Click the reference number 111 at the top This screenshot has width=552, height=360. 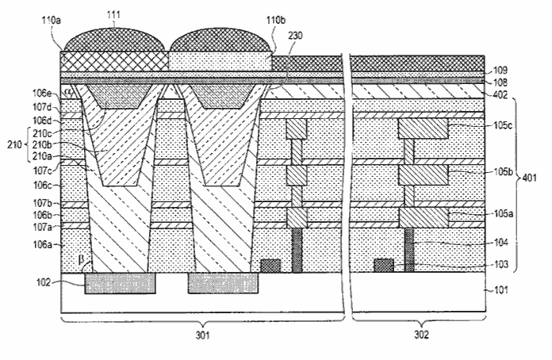point(114,14)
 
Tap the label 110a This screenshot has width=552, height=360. point(52,20)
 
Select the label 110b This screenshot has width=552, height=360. point(276,20)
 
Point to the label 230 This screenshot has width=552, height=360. point(295,36)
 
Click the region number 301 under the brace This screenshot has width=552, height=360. point(203,335)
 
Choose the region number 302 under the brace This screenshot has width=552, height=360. point(421,335)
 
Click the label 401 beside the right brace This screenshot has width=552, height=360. point(529,178)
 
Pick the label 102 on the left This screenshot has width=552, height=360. point(44,282)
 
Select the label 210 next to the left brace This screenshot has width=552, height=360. point(14,144)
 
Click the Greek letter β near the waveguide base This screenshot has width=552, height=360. point(82,260)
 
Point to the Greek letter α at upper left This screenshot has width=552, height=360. point(68,91)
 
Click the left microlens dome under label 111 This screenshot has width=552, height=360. point(115,40)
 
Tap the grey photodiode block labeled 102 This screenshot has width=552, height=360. point(120,283)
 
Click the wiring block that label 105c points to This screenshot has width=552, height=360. point(424,128)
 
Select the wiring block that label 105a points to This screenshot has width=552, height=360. point(424,218)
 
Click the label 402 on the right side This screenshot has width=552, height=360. point(500,94)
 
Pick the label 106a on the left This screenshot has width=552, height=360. point(43,244)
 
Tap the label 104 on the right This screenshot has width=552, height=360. point(501,243)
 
